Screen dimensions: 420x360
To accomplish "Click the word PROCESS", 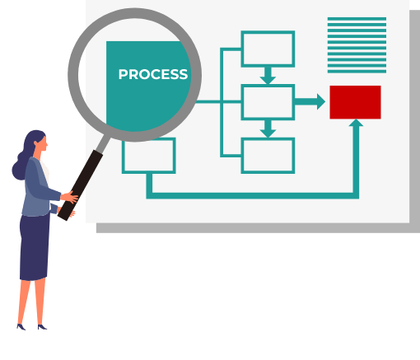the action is pyautogui.click(x=153, y=74).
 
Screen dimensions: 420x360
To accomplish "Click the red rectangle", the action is pyautogui.click(x=355, y=102).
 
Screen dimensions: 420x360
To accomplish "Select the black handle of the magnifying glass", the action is pyautogui.click(x=80, y=185).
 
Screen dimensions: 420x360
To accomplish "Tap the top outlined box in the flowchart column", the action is pyautogui.click(x=268, y=49).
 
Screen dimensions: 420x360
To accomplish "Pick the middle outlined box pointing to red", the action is pyautogui.click(x=268, y=102).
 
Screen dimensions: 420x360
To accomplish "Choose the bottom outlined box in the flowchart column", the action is pyautogui.click(x=268, y=156).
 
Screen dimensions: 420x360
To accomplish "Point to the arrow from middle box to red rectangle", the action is pyautogui.click(x=310, y=101).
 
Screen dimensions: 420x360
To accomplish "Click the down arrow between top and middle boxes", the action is pyautogui.click(x=268, y=76).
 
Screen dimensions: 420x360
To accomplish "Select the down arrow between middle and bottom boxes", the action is pyautogui.click(x=268, y=129).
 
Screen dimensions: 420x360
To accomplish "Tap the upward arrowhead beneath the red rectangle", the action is pyautogui.click(x=356, y=123).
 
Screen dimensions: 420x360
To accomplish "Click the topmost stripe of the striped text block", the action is pyautogui.click(x=357, y=19).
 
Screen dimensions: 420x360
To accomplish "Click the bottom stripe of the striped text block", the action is pyautogui.click(x=357, y=72).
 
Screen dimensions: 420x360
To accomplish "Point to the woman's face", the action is pyautogui.click(x=44, y=143).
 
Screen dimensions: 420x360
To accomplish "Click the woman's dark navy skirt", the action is pyautogui.click(x=35, y=247).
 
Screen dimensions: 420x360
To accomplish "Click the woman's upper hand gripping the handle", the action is pyautogui.click(x=69, y=197).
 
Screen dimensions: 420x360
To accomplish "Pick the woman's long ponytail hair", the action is pyautogui.click(x=21, y=162).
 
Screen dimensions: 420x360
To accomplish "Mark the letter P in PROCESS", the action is pyautogui.click(x=123, y=74).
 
